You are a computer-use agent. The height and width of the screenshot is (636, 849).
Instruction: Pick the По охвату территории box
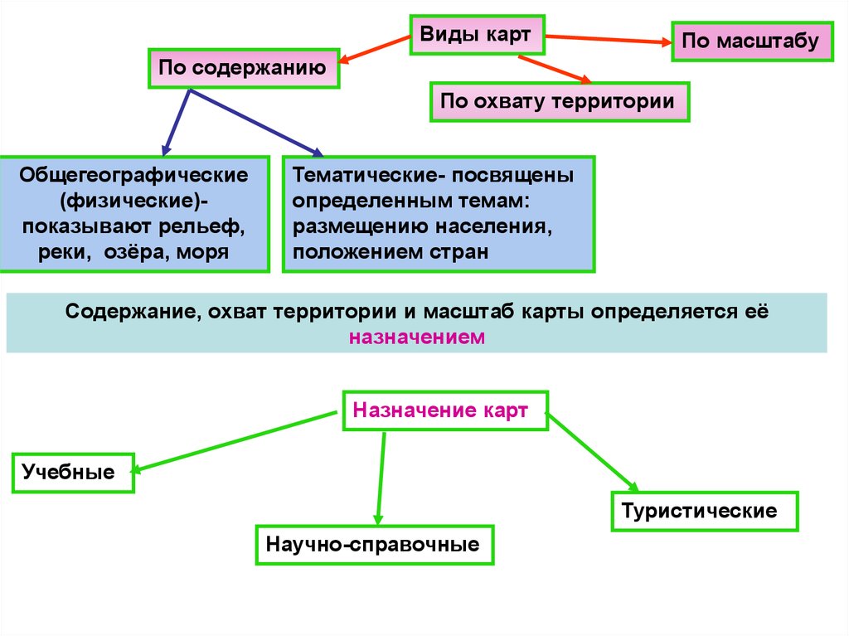click(x=559, y=102)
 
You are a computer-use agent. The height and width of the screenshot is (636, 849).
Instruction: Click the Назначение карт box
click(x=445, y=410)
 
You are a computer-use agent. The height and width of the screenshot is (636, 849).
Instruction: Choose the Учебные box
click(x=73, y=473)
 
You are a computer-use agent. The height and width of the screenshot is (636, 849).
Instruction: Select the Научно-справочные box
click(x=374, y=545)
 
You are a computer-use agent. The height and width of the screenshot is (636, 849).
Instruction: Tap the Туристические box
click(x=705, y=511)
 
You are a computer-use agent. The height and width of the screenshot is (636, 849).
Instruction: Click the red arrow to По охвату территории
click(x=553, y=69)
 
